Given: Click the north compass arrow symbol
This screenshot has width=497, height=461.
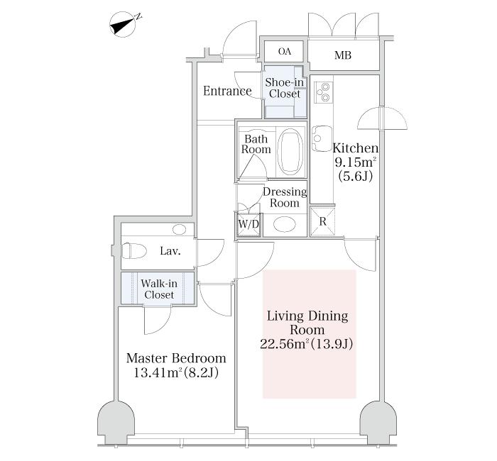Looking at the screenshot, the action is (x=124, y=25).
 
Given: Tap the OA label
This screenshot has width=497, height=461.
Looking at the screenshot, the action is (x=285, y=51).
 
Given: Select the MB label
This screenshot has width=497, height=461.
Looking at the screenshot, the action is (x=343, y=55).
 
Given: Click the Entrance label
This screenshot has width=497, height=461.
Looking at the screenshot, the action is (x=227, y=91).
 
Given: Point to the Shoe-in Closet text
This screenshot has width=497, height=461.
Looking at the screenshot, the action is (x=284, y=88).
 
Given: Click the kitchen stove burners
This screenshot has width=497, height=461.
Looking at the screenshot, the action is (x=324, y=92).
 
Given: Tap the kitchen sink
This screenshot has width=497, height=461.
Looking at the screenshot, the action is (x=322, y=139).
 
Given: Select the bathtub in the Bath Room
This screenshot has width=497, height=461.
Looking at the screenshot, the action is (x=290, y=152).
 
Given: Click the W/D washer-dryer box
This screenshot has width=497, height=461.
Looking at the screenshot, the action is (x=248, y=224).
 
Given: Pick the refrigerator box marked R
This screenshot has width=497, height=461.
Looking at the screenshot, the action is (x=322, y=221).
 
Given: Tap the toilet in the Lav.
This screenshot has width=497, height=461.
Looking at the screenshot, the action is (x=134, y=251).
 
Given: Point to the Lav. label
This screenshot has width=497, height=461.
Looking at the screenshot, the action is (x=170, y=251).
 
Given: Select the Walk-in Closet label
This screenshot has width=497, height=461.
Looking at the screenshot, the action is (x=159, y=289).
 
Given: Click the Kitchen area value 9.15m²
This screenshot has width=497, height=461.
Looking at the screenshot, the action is (x=355, y=162).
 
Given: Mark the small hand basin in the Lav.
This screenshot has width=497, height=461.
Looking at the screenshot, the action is (x=180, y=230).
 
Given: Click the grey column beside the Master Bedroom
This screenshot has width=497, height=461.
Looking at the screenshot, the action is (x=116, y=423).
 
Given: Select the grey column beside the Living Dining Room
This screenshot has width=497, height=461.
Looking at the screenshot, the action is (x=378, y=423).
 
